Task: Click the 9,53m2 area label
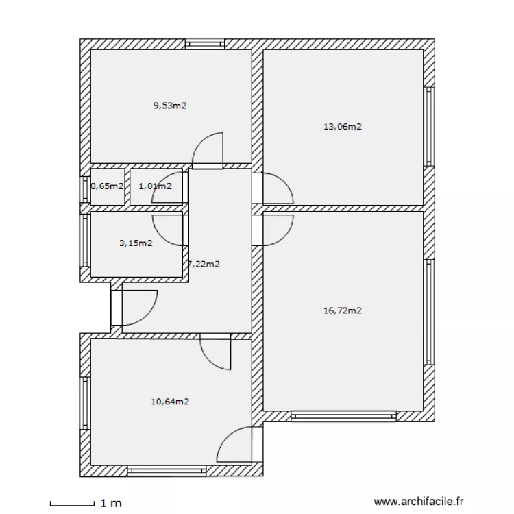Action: (x=170, y=106)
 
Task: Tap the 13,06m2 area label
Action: (x=342, y=126)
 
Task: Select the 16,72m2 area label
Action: (x=342, y=310)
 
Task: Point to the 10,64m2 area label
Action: (x=170, y=402)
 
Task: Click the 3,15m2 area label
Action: (x=136, y=243)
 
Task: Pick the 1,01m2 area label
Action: (x=155, y=186)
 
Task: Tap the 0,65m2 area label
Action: (x=108, y=186)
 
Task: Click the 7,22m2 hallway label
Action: (x=204, y=264)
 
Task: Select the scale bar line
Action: (x=72, y=504)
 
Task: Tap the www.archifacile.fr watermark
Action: (x=418, y=503)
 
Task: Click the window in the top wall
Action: (x=205, y=43)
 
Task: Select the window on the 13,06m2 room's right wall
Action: (x=429, y=127)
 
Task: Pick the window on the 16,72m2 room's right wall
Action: (x=429, y=312)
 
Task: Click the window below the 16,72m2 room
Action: (x=343, y=416)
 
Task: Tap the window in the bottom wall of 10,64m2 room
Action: (x=167, y=471)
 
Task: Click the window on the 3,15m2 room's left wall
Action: (x=85, y=241)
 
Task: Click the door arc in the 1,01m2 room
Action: (x=168, y=193)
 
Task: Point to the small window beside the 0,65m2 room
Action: (x=85, y=190)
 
